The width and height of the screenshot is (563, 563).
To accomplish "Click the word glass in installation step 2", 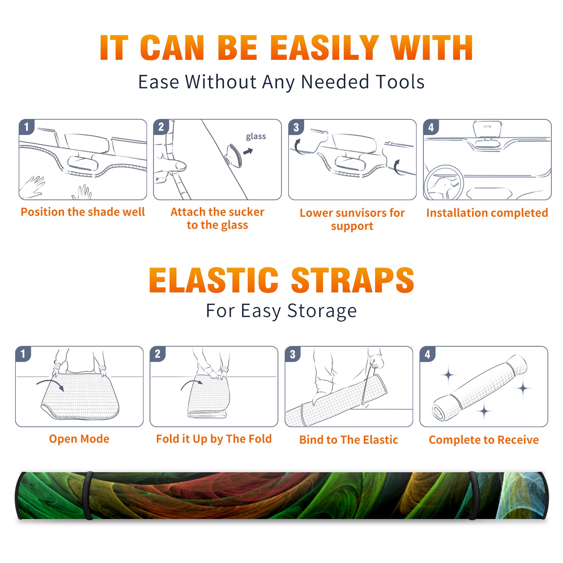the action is (256, 136).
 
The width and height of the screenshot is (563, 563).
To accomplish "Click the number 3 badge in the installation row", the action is (296, 127).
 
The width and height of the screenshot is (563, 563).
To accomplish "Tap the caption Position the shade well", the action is (83, 212).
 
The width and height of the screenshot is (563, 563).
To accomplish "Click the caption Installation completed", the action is (487, 213).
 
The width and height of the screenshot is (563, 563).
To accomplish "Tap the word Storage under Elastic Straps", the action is (322, 311).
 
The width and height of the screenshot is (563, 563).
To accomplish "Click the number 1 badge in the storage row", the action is (23, 354).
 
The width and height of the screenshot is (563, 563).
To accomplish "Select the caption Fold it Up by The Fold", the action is (214, 439).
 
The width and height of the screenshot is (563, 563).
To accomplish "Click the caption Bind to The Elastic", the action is (349, 440).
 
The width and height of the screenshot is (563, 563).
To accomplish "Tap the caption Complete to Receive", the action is (484, 440).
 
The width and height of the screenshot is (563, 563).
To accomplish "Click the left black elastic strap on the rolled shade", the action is (88, 495).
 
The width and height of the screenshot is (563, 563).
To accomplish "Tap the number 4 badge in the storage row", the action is (428, 354).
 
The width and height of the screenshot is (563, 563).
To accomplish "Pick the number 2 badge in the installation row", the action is (161, 127).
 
